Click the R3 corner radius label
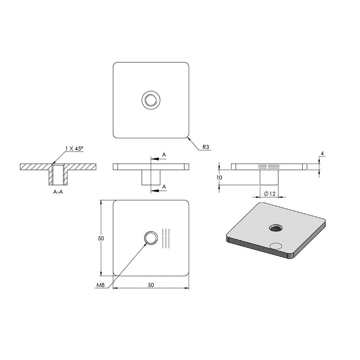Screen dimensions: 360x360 (x=206, y=147)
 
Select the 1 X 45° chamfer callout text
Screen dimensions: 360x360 (x=74, y=149)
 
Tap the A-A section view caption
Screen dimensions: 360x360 (x=58, y=192)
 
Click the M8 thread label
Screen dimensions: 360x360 (x=100, y=285)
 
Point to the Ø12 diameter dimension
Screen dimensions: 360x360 (x=270, y=194)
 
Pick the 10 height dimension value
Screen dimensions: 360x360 (x=219, y=177)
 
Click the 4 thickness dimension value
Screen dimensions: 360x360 (x=322, y=153)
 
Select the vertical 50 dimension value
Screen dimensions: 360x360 (x=101, y=238)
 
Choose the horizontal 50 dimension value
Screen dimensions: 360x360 (x=151, y=285)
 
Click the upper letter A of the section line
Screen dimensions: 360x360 (x=164, y=155)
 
